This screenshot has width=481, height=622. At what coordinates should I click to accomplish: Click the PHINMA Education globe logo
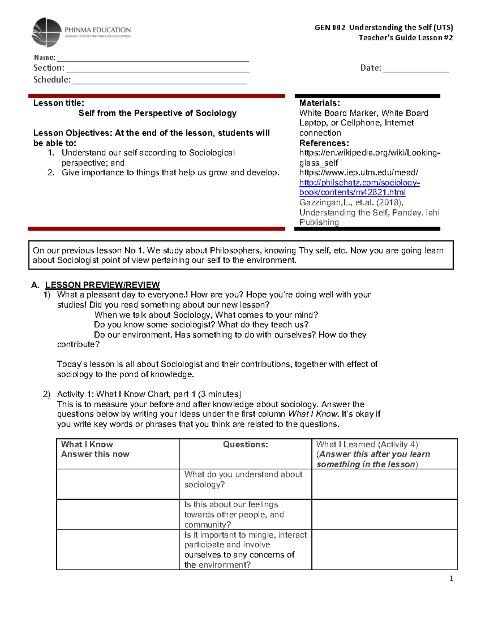[x=46, y=32]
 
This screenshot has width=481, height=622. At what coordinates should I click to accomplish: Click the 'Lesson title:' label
[x=59, y=103]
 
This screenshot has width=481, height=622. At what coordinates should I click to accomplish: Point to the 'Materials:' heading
[x=319, y=103]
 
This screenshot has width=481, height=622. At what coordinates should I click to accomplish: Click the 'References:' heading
[x=324, y=143]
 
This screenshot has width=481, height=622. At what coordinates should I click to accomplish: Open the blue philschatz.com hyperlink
[x=359, y=187]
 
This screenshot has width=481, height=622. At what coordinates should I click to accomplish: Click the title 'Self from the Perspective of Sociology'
[x=158, y=113]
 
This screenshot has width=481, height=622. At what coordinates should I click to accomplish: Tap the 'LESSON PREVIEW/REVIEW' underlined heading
[x=102, y=285]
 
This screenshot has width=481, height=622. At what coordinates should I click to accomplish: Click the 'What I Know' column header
[x=87, y=444]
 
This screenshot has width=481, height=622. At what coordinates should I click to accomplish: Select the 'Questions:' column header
[x=245, y=444]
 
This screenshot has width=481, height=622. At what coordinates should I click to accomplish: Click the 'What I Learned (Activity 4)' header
[x=367, y=444]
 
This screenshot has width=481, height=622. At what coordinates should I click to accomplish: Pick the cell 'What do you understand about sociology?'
[x=243, y=479]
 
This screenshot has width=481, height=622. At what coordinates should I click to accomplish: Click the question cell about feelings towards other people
[x=234, y=514]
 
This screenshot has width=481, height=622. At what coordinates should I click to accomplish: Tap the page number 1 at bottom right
[x=451, y=578]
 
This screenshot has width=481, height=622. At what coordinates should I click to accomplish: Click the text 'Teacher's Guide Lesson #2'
[x=405, y=38]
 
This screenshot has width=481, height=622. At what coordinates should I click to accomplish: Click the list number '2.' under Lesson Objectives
[x=51, y=173]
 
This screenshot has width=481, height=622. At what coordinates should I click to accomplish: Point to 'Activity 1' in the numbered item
[x=75, y=394]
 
